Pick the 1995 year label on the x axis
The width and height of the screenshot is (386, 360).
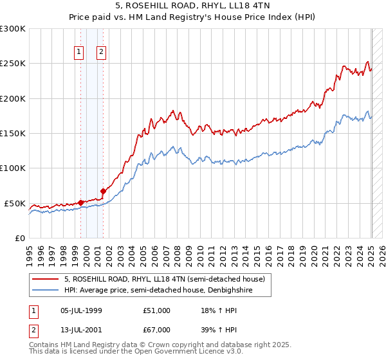(x=29, y=253)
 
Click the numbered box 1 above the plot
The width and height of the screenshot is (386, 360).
(x=78, y=53)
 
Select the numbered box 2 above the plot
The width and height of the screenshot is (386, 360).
(x=102, y=53)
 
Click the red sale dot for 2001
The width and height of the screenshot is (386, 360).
(x=103, y=191)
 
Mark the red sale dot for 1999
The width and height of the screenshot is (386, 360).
(x=80, y=203)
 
